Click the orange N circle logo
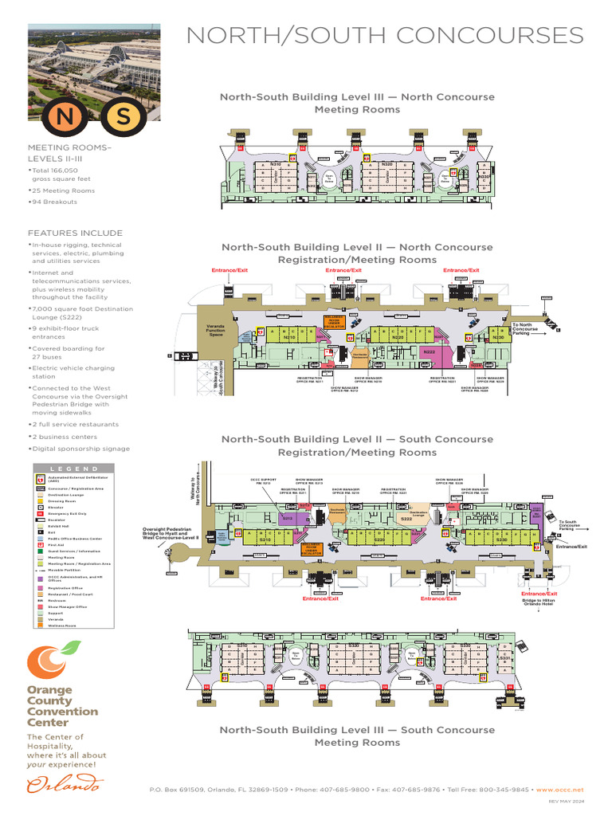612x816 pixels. pyautogui.click(x=62, y=116)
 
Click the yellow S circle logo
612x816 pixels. pyautogui.click(x=124, y=116)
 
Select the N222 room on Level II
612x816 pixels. pyautogui.click(x=430, y=351)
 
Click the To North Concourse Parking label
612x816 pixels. pyautogui.click(x=526, y=328)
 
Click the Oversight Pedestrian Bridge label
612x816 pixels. pyautogui.click(x=167, y=534)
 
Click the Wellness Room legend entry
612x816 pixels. pyautogui.click(x=61, y=626)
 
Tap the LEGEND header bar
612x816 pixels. pyautogui.click(x=78, y=469)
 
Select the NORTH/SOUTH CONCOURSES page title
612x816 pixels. pyautogui.click(x=385, y=36)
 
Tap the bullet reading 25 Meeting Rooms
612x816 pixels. pyautogui.click(x=62, y=190)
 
